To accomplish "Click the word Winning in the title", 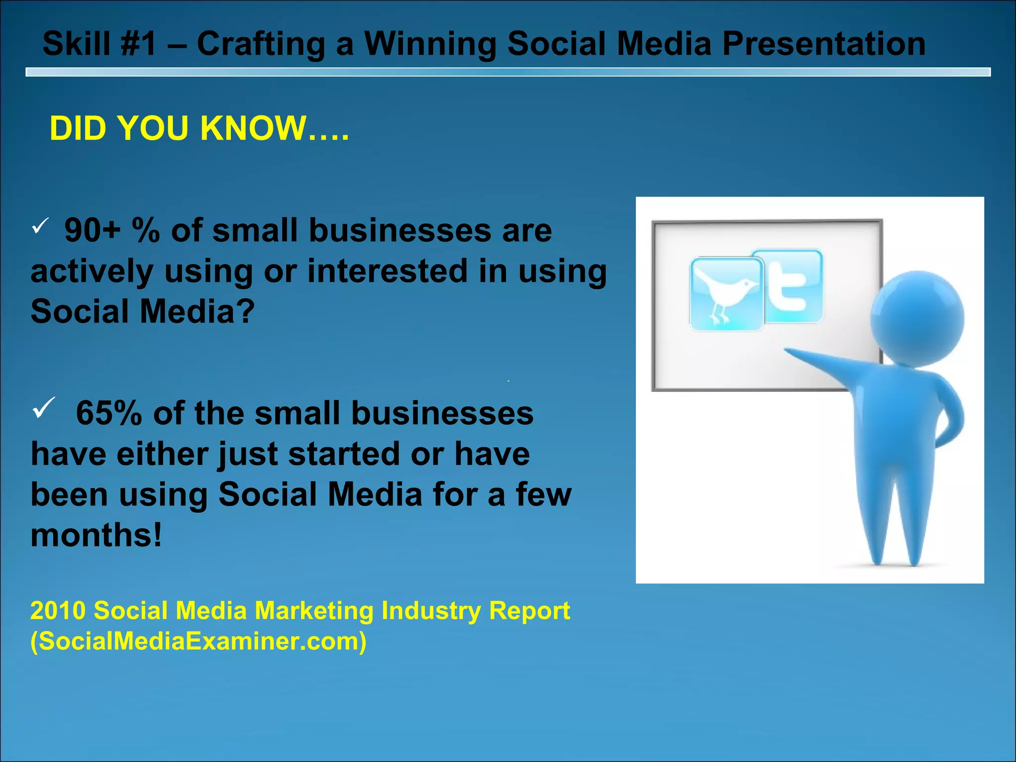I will pos(431,44).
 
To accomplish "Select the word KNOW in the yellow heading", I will pos(253,128).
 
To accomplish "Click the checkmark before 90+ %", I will pos(39,226).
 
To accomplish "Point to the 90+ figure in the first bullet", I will pos(92,231).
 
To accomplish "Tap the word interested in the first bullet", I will pos(387,271).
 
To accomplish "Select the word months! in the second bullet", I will pos(96,535).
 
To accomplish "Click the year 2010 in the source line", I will pos(58,610).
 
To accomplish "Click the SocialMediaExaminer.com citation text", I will pos(198,641).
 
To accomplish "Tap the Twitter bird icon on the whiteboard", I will pos(725,294).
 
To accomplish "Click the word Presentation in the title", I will pos(824,44).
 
